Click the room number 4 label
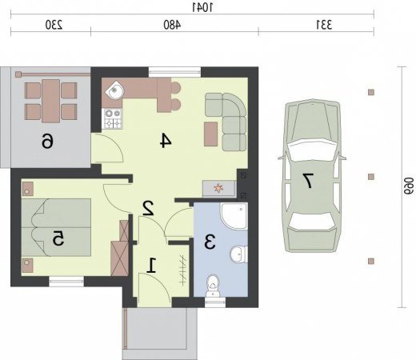(166, 141)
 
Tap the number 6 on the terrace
(47, 141)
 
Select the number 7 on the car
(308, 181)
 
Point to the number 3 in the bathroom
(210, 242)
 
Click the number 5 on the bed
(58, 238)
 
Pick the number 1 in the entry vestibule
(152, 265)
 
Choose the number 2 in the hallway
(148, 208)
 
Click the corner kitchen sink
(114, 90)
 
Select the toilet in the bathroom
(213, 286)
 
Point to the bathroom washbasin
(238, 254)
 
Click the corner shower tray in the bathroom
(234, 216)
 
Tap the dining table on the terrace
(50, 101)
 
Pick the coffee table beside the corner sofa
(210, 134)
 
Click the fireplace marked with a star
(219, 189)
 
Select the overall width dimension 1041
(203, 8)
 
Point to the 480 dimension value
(172, 25)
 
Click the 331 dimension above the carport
(324, 25)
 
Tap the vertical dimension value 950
(409, 186)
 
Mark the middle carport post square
(371, 177)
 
